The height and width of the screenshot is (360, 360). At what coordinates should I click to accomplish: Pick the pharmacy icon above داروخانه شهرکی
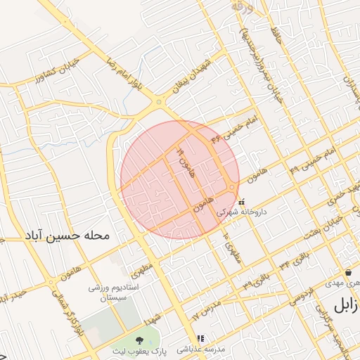tap(242, 202)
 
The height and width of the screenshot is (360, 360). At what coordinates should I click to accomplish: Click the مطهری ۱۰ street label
tap(231, 247)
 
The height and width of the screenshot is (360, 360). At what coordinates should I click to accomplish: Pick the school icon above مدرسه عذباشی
tap(200, 339)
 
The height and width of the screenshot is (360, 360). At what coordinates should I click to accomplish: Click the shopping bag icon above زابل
tap(348, 273)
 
